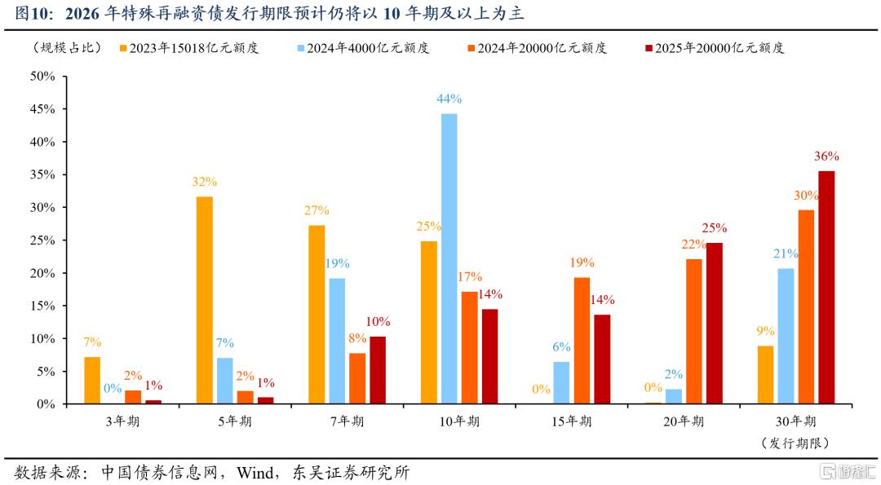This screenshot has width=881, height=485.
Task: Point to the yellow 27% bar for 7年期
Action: click(x=317, y=314)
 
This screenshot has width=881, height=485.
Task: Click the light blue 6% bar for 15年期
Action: click(x=561, y=382)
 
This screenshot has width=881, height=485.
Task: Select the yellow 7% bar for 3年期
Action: click(x=92, y=380)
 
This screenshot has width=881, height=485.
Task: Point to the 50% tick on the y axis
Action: click(x=42, y=77)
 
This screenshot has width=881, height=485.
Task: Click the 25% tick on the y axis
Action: click(x=42, y=240)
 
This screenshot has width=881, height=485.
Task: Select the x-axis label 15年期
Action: click(x=571, y=421)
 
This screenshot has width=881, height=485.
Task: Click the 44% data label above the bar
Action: click(x=449, y=99)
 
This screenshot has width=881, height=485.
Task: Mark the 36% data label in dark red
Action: click(x=826, y=156)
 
